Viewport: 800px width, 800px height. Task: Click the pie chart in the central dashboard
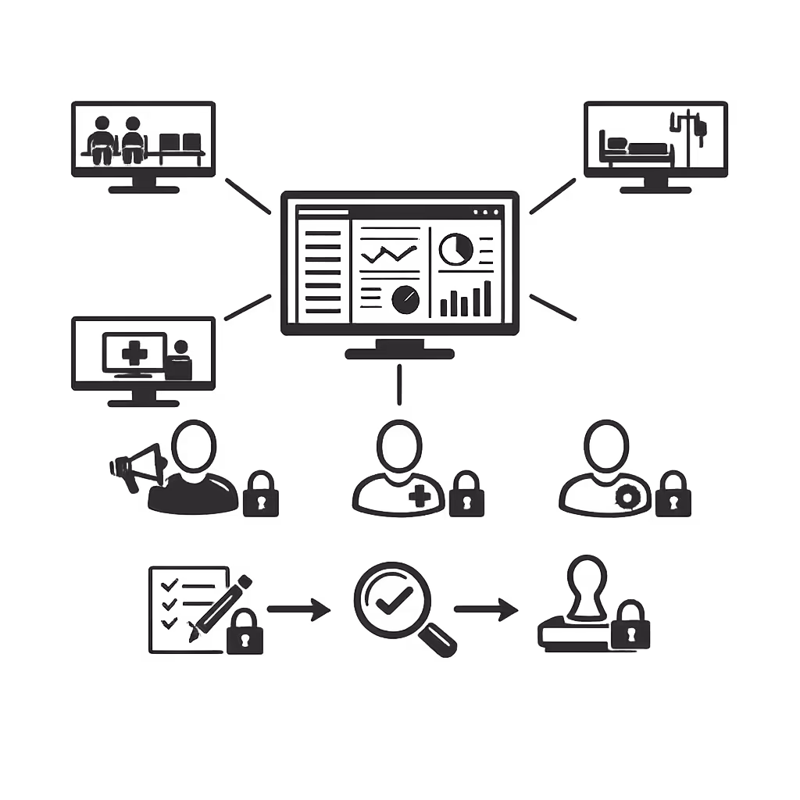tap(455, 249)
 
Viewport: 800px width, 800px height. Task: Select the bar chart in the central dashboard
tap(466, 299)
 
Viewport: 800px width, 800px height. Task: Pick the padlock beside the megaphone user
tap(260, 494)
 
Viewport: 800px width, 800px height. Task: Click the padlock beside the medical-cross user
tap(466, 494)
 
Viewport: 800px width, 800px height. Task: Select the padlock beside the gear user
tap(673, 494)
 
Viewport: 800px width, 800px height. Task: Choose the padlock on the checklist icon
tap(245, 632)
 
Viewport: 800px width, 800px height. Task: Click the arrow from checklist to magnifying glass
tap(298, 609)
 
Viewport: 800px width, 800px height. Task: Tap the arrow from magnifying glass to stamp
tap(486, 609)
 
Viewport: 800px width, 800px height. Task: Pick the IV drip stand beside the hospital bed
tap(688, 137)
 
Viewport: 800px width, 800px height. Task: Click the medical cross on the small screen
tap(135, 354)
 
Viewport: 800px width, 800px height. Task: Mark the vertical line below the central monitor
tap(399, 384)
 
